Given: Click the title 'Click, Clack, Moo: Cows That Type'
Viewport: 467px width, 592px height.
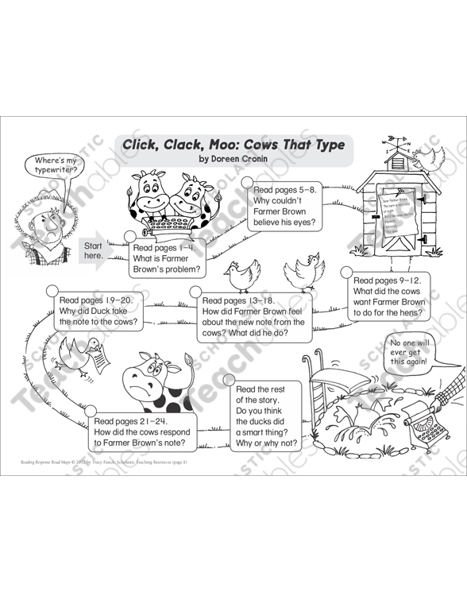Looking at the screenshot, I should [x=233, y=145].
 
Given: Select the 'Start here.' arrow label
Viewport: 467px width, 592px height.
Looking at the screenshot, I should [x=95, y=250].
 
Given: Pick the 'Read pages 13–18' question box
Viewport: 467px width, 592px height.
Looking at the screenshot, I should [x=254, y=316].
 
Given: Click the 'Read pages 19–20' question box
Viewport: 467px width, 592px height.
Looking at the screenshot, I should [x=99, y=311].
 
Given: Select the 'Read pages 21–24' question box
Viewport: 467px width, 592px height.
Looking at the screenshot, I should [x=142, y=431].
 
